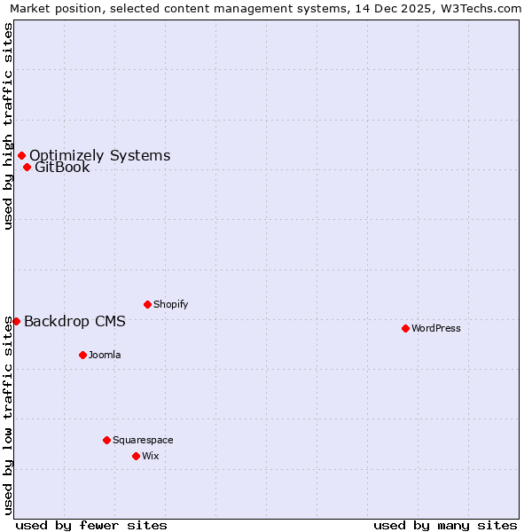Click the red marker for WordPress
tap(405, 328)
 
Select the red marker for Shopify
tap(147, 304)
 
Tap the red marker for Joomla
tap(82, 355)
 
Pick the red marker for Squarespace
tap(106, 440)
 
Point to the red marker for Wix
tap(136, 456)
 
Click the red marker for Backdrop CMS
tap(16, 321)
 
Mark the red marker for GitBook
tap(27, 167)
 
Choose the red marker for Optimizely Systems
tap(21, 156)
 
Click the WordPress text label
tap(436, 328)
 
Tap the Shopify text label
tap(171, 304)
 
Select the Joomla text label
tap(105, 355)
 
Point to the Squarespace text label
tap(143, 440)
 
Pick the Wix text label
tap(151, 456)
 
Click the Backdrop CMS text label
tap(74, 321)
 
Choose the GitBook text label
tap(62, 167)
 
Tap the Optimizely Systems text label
tap(99, 156)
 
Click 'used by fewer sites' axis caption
tap(91, 525)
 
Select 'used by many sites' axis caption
tap(445, 525)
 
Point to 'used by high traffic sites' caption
tap(9, 127)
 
